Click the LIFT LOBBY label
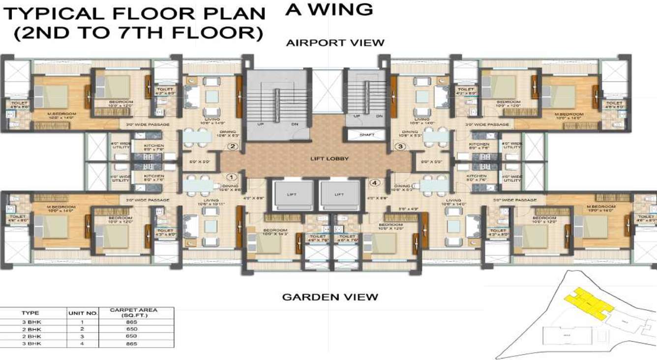pyautogui.click(x=329, y=159)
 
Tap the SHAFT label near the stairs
pyautogui.click(x=366, y=134)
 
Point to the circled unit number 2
pyautogui.click(x=233, y=146)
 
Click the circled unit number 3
pyautogui.click(x=400, y=146)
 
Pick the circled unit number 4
pyautogui.click(x=375, y=183)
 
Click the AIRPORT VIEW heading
pyautogui.click(x=335, y=43)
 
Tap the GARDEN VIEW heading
pyautogui.click(x=330, y=297)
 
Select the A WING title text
pyautogui.click(x=328, y=10)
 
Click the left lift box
pyautogui.click(x=292, y=194)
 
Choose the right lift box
pyautogui.click(x=339, y=194)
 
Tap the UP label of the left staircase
pyautogui.click(x=261, y=124)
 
